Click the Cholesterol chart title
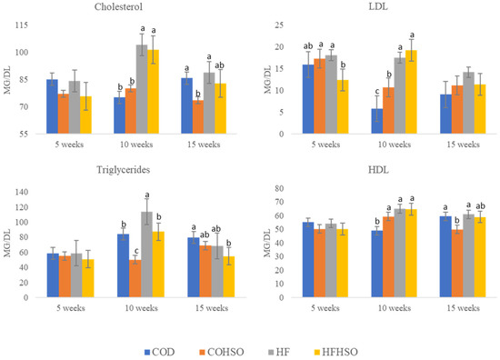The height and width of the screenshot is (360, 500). click(x=123, y=8)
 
